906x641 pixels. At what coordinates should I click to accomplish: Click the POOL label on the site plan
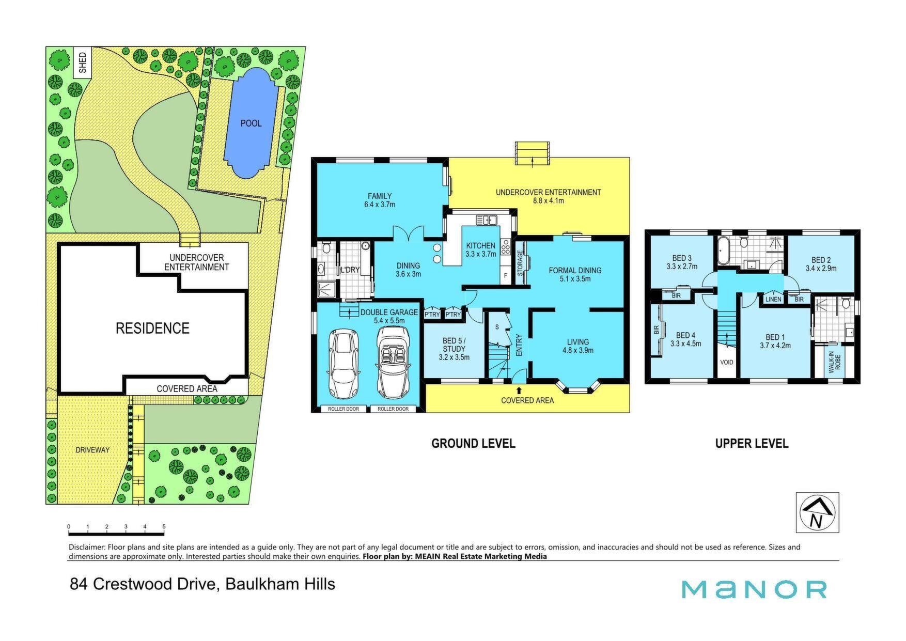(x=251, y=123)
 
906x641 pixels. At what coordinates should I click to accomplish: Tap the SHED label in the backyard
(x=83, y=62)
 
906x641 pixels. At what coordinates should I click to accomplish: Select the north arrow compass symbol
(x=817, y=512)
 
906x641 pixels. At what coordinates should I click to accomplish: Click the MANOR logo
(x=754, y=589)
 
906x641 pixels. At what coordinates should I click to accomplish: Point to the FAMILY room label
(x=380, y=196)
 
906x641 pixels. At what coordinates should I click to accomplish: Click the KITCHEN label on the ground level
(x=481, y=246)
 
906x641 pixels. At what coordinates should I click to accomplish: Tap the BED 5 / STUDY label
(x=454, y=345)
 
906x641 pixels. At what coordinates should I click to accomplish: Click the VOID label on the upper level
(x=727, y=363)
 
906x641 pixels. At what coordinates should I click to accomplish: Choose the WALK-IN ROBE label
(x=834, y=362)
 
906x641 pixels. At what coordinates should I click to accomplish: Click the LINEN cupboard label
(x=773, y=300)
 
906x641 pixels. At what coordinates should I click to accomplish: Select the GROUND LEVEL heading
(x=473, y=444)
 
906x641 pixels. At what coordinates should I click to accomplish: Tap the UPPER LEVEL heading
(x=752, y=444)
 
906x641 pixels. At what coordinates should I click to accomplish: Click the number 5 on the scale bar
(x=164, y=527)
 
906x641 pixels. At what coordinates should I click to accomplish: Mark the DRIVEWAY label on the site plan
(x=92, y=450)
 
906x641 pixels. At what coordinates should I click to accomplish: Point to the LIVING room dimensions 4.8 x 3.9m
(x=577, y=350)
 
